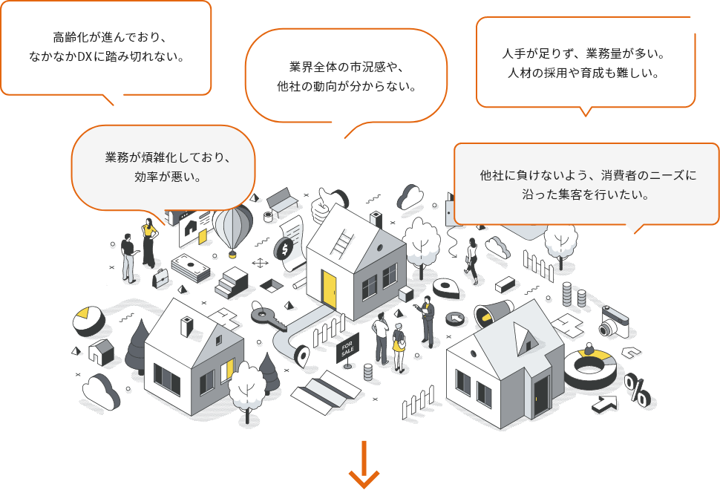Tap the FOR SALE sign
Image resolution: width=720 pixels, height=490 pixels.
tap(347, 348)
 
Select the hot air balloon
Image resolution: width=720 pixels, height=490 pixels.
tap(232, 226)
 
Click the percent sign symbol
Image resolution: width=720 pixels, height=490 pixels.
tap(636, 389)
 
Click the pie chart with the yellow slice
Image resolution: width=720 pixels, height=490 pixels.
tap(88, 321)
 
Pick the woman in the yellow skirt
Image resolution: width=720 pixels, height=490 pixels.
tap(399, 346)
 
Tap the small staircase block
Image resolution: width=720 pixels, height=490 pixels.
tap(232, 281)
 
